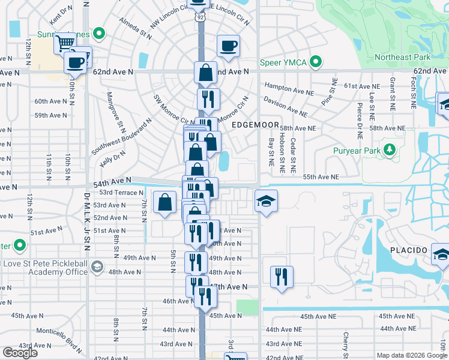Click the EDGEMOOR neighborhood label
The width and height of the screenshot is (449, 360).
point(255,125)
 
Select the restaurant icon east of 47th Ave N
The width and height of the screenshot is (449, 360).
point(281,277)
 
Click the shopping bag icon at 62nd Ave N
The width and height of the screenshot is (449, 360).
point(205,73)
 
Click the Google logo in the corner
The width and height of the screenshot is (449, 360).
point(20,352)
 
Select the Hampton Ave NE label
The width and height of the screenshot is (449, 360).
point(285,86)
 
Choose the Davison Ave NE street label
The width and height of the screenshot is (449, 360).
point(285,107)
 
